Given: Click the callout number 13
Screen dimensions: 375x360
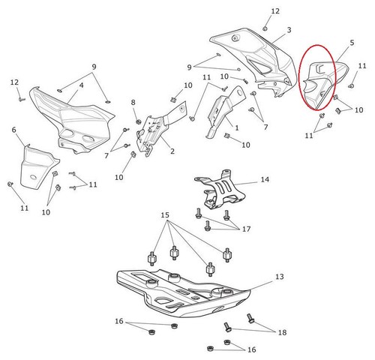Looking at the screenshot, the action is [280, 277].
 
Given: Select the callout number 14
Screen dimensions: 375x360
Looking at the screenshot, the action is [265, 179].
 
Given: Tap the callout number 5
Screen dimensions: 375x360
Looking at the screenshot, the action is [352, 43].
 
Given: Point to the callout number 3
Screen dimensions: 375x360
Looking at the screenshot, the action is [289, 30].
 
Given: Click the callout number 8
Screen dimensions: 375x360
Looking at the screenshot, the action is [133, 102].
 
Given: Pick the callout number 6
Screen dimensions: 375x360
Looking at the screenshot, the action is [13, 130].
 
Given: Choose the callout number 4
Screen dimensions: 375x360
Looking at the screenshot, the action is [82, 85].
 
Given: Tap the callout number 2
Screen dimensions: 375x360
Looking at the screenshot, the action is [172, 151].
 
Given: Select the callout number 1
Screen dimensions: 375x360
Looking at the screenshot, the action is [237, 128].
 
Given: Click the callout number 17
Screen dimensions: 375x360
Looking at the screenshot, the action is [246, 229].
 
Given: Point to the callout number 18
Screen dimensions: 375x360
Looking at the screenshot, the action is [282, 332].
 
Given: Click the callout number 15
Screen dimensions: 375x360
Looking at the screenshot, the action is [165, 215].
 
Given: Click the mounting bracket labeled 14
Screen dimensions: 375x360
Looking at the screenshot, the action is [219, 189].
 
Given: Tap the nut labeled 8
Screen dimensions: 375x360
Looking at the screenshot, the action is [138, 121].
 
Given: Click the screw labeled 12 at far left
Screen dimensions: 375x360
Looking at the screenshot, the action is [22, 100].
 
